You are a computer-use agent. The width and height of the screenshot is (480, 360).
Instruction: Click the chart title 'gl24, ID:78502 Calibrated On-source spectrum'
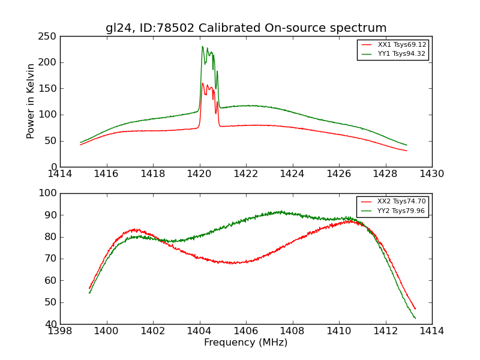click(246, 28)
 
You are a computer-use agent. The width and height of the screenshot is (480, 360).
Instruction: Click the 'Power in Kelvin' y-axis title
click(31, 101)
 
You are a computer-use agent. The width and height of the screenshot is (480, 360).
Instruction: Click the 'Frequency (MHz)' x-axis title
click(246, 343)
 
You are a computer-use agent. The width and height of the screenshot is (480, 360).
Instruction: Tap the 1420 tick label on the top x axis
click(200, 174)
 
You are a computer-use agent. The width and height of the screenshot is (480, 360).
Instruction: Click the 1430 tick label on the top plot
click(431, 174)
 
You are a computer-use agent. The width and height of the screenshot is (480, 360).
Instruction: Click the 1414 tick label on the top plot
click(61, 174)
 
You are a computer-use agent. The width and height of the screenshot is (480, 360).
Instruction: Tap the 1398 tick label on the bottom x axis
click(61, 331)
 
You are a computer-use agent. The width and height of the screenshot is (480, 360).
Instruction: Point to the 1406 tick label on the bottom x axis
click(246, 331)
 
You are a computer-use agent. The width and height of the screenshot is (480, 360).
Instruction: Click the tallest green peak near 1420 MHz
click(202, 47)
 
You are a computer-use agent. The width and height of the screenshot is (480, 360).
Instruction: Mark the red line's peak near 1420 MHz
click(202, 83)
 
